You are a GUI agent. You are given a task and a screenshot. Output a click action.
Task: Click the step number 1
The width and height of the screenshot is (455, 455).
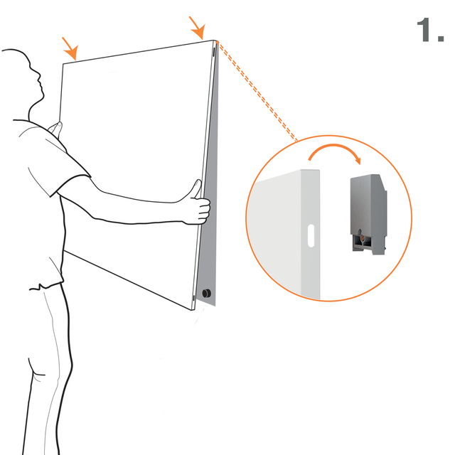pos(430,30)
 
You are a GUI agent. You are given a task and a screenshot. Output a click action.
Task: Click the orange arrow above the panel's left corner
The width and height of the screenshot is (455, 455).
pos(70,48)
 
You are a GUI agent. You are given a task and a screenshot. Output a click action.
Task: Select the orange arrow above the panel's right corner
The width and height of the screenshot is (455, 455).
pos(198,28)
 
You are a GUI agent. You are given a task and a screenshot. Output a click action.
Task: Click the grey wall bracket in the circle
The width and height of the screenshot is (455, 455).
pos(368,214)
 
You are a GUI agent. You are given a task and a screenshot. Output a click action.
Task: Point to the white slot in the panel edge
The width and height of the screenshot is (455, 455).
pos(311,235)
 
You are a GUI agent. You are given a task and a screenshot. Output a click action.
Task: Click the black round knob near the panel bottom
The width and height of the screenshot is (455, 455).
pos(207,293)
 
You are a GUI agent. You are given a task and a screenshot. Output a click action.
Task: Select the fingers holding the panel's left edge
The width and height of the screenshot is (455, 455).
pos(55,129)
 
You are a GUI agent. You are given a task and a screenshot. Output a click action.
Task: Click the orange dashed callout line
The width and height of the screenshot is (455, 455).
pos(257,91)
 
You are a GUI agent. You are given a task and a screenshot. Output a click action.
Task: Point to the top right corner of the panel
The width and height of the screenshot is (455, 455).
pos(214,41)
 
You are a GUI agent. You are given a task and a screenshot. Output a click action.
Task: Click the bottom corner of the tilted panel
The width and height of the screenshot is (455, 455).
pos(193,310)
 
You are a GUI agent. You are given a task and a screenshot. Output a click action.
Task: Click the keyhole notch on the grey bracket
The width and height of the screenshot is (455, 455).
pos(360,235)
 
